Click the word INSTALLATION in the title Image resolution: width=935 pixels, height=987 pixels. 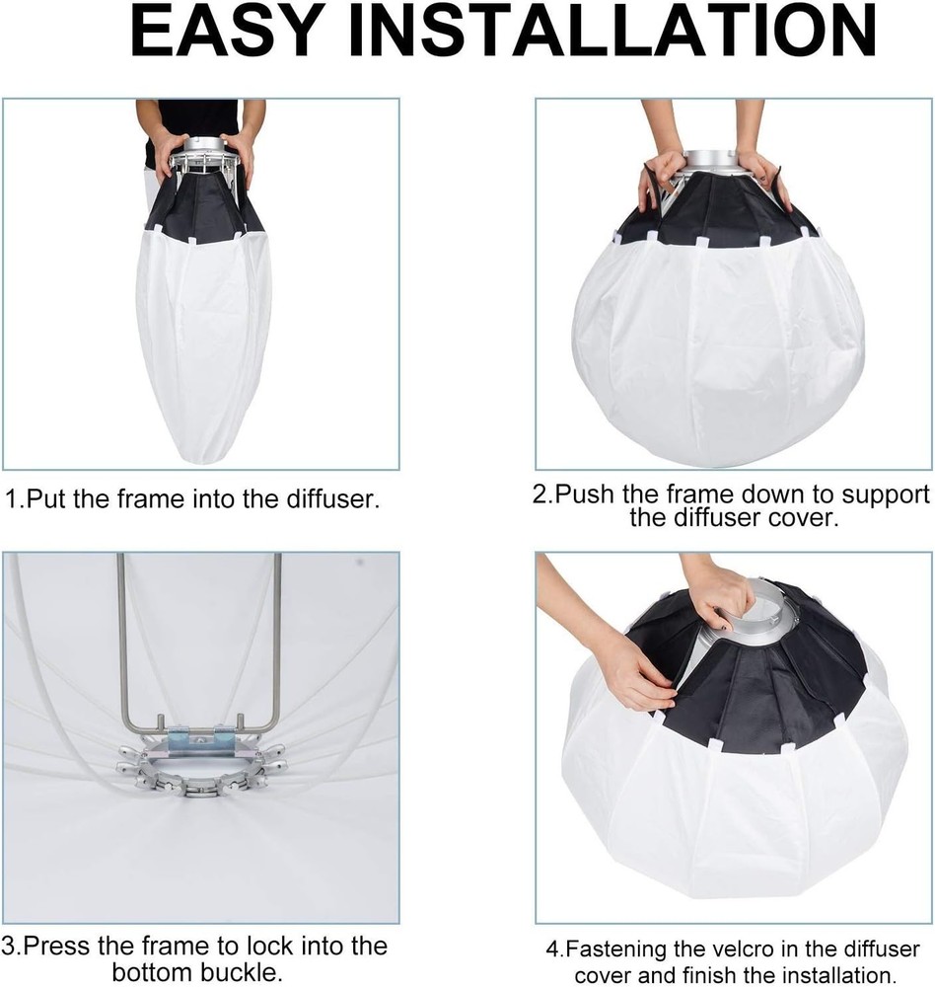tap(603, 33)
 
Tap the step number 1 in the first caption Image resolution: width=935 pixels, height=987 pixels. tap(11, 498)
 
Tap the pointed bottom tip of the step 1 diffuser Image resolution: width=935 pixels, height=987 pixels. tap(203, 456)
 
